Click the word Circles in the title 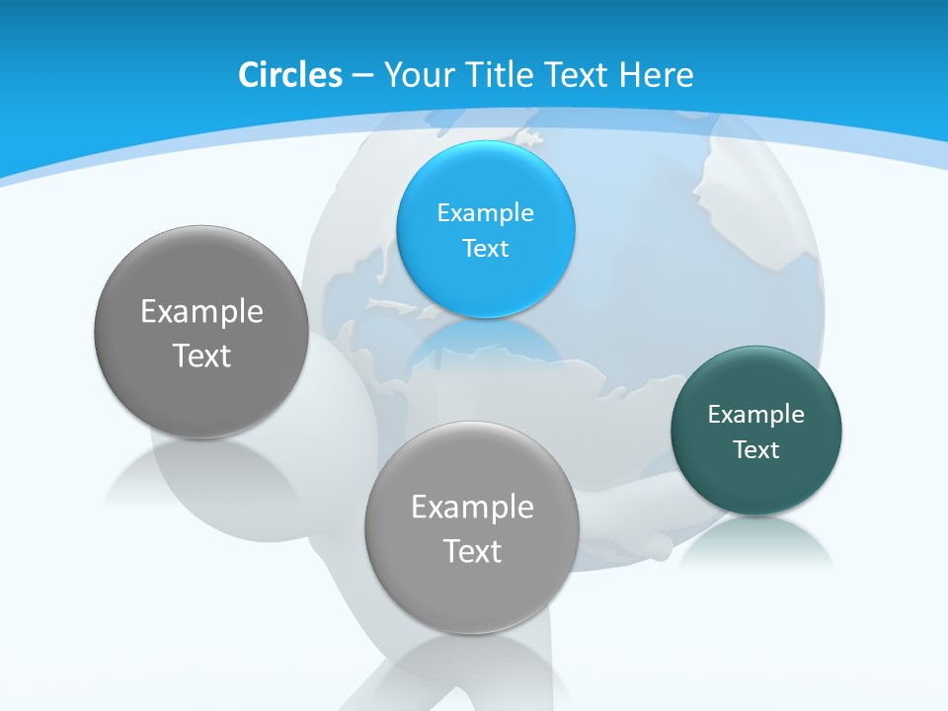[289, 75]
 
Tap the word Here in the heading [656, 75]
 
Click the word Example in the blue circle [485, 213]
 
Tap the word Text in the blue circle [485, 248]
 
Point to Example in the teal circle [755, 415]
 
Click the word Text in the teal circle [755, 450]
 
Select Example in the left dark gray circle [201, 312]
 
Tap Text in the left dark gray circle [201, 355]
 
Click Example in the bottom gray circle [472, 508]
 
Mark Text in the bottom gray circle [472, 551]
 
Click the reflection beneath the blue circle [486, 341]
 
